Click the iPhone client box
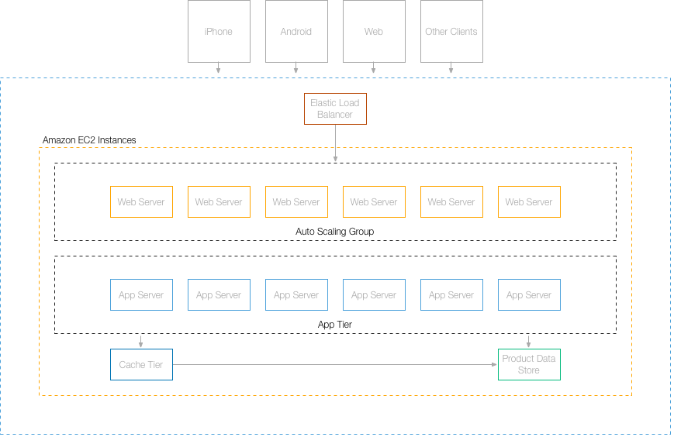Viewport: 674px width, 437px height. click(219, 32)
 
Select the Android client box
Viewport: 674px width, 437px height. click(296, 32)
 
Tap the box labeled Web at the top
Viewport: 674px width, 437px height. click(374, 32)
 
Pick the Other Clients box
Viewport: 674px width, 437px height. click(451, 32)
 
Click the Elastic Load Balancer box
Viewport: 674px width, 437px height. click(335, 108)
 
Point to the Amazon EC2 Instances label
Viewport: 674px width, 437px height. click(89, 140)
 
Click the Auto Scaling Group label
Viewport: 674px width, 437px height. click(335, 232)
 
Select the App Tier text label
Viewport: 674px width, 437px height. click(335, 325)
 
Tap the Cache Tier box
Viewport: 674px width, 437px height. click(141, 365)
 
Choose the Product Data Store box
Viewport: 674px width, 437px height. click(529, 365)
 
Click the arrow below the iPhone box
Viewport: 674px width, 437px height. click(219, 68)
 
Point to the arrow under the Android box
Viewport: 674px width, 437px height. click(296, 68)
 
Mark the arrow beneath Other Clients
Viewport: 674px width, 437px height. click(451, 68)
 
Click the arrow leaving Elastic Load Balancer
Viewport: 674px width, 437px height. click(335, 143)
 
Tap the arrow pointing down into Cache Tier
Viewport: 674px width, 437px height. click(141, 341)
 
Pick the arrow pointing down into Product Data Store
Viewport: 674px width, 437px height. click(529, 341)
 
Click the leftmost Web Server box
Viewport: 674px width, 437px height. click(141, 202)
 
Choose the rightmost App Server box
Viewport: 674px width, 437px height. click(529, 295)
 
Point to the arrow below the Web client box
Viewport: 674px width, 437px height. click(374, 68)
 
